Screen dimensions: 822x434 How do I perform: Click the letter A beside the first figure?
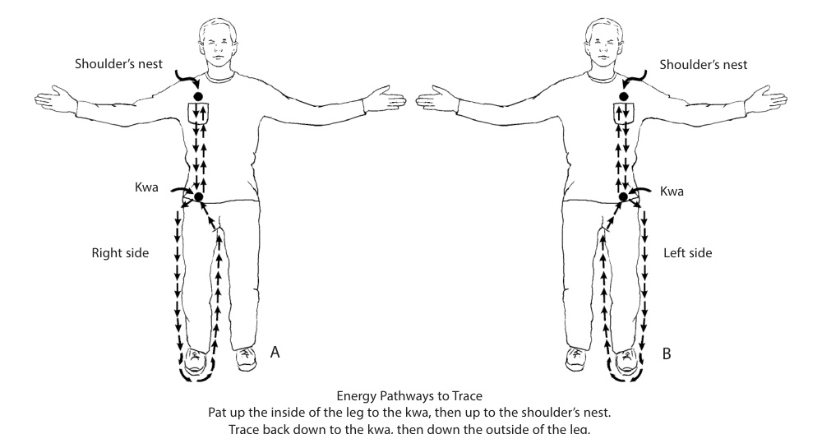[275, 353]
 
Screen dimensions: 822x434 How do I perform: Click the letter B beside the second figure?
[667, 353]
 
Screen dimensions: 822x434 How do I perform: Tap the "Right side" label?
[120, 253]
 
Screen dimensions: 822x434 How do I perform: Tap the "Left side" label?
[688, 253]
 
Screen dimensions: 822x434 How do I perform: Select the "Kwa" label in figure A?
[146, 187]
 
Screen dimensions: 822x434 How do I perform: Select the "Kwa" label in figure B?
[672, 192]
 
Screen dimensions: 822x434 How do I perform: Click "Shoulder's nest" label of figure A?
[118, 64]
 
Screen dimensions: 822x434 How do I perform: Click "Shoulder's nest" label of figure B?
[704, 65]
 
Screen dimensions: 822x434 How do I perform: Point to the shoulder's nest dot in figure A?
[198, 96]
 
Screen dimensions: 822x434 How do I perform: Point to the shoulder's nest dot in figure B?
[623, 96]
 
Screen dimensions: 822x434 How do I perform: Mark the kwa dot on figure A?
[198, 197]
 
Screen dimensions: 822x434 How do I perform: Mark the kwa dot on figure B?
[623, 197]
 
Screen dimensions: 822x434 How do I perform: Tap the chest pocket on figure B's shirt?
[624, 113]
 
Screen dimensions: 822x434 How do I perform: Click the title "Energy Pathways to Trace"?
[409, 396]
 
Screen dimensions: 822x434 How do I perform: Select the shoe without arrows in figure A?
[245, 358]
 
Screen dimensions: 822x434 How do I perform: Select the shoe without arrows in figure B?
[576, 358]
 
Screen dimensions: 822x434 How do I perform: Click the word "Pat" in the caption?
[218, 413]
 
